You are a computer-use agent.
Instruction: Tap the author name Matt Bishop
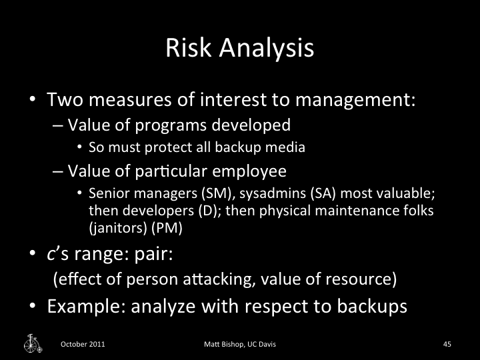[224, 344]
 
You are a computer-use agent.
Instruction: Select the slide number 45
[447, 344]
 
